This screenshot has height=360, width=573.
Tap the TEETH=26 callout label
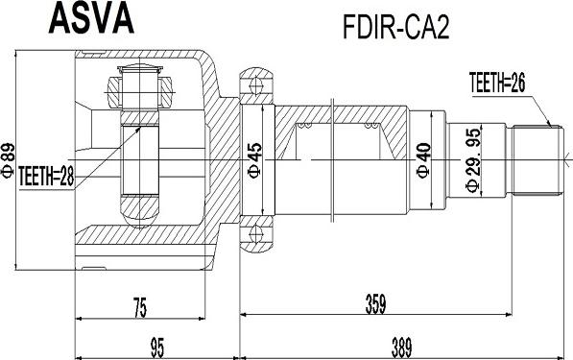point(498,83)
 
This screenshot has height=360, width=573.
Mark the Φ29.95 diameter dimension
point(471,159)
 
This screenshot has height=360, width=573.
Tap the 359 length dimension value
point(375,306)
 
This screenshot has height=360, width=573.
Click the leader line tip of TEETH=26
point(549,126)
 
